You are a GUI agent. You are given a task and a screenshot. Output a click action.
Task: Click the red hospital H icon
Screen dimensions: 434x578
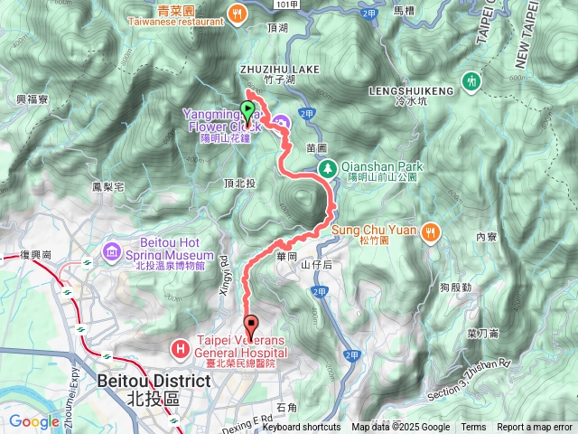[180, 346]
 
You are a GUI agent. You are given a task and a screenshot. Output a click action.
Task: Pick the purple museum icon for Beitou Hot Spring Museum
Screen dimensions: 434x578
[112, 250]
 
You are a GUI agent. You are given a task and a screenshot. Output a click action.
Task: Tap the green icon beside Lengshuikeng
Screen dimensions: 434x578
[470, 81]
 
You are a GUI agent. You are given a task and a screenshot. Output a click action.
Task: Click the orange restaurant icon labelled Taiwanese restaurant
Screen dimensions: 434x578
[237, 13]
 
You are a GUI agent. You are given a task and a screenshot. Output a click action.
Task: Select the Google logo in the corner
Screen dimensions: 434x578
[33, 420]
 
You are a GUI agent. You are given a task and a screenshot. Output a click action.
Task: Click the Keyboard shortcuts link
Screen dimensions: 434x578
[302, 428]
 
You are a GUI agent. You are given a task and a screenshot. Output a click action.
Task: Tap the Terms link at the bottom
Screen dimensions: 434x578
[473, 428]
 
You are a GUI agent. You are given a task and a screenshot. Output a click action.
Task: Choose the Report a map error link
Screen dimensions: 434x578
[535, 428]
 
